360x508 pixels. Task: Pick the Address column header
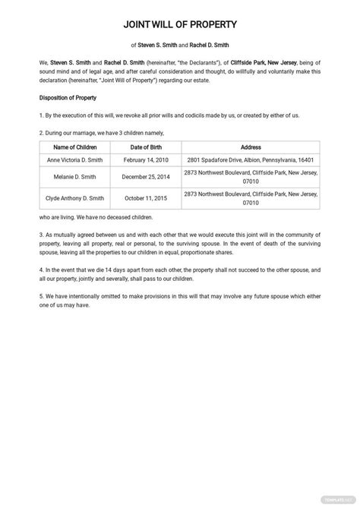pyautogui.click(x=251, y=147)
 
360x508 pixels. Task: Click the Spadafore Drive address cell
pyautogui.click(x=251, y=160)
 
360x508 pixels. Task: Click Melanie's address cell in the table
pyautogui.click(x=251, y=177)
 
